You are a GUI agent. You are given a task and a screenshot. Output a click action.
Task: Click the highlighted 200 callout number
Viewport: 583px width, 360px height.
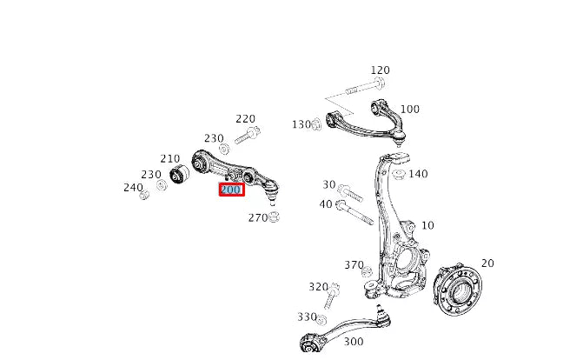tap(231, 190)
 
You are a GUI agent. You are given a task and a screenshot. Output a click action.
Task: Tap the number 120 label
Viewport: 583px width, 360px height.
tap(380, 70)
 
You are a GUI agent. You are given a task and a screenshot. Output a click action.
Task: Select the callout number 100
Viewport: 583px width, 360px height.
tap(409, 110)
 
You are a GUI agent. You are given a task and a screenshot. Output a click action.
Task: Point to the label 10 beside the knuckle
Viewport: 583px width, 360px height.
tap(427, 226)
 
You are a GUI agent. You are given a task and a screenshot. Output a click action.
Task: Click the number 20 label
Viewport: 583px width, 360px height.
tap(487, 263)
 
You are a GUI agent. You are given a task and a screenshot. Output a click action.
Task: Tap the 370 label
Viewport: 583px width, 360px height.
tap(354, 265)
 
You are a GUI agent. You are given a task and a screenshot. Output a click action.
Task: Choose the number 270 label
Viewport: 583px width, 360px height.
tap(258, 217)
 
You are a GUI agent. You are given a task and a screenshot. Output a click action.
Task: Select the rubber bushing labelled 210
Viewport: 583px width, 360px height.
tap(181, 175)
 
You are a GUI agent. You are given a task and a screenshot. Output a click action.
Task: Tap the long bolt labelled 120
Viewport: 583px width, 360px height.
tap(365, 87)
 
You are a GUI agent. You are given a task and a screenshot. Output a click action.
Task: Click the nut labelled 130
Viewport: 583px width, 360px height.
tap(317, 125)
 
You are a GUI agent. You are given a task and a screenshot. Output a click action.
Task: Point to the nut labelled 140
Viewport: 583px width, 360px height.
tap(398, 174)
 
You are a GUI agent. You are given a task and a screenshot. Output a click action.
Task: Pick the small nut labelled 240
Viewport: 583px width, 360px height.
tap(145, 194)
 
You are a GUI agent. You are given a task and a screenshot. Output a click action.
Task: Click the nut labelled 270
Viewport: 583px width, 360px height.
tap(275, 217)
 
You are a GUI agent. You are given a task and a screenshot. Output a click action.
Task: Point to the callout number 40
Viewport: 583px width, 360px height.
tap(326, 204)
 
